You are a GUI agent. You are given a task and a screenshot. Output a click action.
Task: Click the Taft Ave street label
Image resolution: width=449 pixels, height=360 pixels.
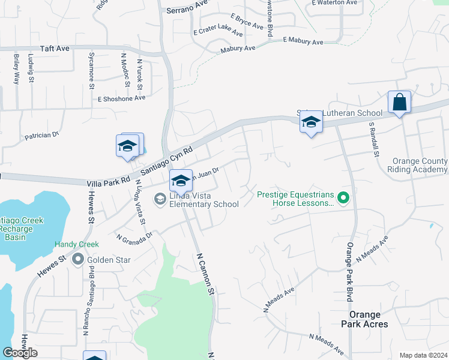click(55, 48)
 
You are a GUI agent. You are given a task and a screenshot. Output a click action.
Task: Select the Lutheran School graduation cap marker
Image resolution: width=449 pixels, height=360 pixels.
click(311, 123)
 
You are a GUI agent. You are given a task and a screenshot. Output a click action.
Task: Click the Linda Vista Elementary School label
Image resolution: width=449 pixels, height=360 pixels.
click(204, 200)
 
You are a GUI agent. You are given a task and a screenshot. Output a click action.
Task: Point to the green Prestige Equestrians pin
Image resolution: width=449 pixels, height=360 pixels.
click(343, 196)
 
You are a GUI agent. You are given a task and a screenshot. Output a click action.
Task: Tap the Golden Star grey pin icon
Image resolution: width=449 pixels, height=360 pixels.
click(78, 259)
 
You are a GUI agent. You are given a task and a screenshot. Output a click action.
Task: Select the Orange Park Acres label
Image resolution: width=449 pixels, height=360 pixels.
click(369, 319)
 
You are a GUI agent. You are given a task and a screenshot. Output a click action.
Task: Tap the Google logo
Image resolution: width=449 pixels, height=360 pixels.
click(20, 353)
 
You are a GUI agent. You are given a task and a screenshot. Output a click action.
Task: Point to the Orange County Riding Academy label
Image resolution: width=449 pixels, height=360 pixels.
click(420, 166)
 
